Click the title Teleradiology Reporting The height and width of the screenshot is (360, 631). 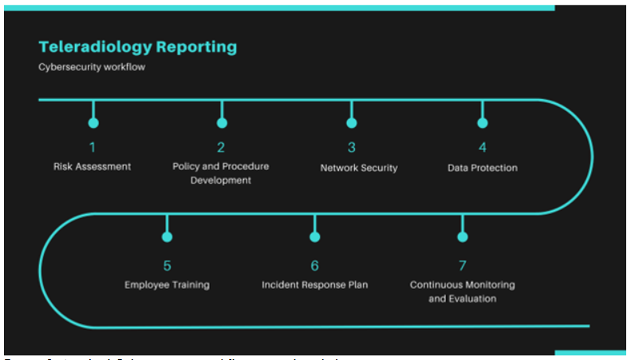point(137,46)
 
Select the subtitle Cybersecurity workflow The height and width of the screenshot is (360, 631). point(92,67)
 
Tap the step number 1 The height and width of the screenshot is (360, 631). point(93,147)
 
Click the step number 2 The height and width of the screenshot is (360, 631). point(221,147)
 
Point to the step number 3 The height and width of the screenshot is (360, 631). point(351,147)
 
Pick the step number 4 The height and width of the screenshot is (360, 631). point(482,147)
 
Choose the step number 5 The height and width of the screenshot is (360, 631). point(167,265)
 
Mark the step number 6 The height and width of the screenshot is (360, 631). point(314,265)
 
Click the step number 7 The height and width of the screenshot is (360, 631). point(462,265)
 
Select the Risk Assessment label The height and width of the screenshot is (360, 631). point(93,167)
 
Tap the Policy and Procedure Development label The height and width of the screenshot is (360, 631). point(221,173)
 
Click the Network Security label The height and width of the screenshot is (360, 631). point(358,168)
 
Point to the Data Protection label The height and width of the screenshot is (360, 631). point(482,168)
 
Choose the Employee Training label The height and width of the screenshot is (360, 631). point(167,285)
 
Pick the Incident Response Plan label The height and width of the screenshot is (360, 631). point(314,285)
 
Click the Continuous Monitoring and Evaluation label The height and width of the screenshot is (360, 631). point(462,291)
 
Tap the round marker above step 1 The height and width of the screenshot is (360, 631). point(93,123)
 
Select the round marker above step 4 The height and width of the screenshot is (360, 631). point(482,123)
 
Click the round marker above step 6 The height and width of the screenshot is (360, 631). point(314,237)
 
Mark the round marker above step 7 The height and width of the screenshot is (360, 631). point(462,237)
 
